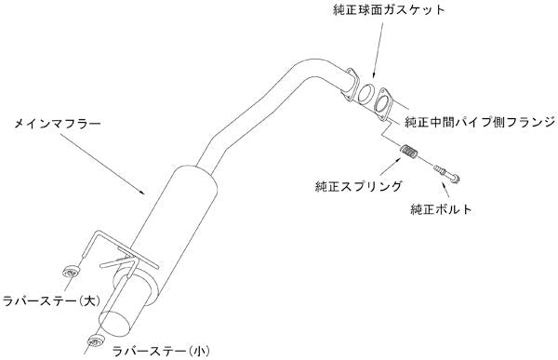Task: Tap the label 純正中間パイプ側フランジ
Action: coord(479,122)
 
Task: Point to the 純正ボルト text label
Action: coord(440,210)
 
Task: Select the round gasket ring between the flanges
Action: coord(367,96)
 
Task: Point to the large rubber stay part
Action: coord(68,273)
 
